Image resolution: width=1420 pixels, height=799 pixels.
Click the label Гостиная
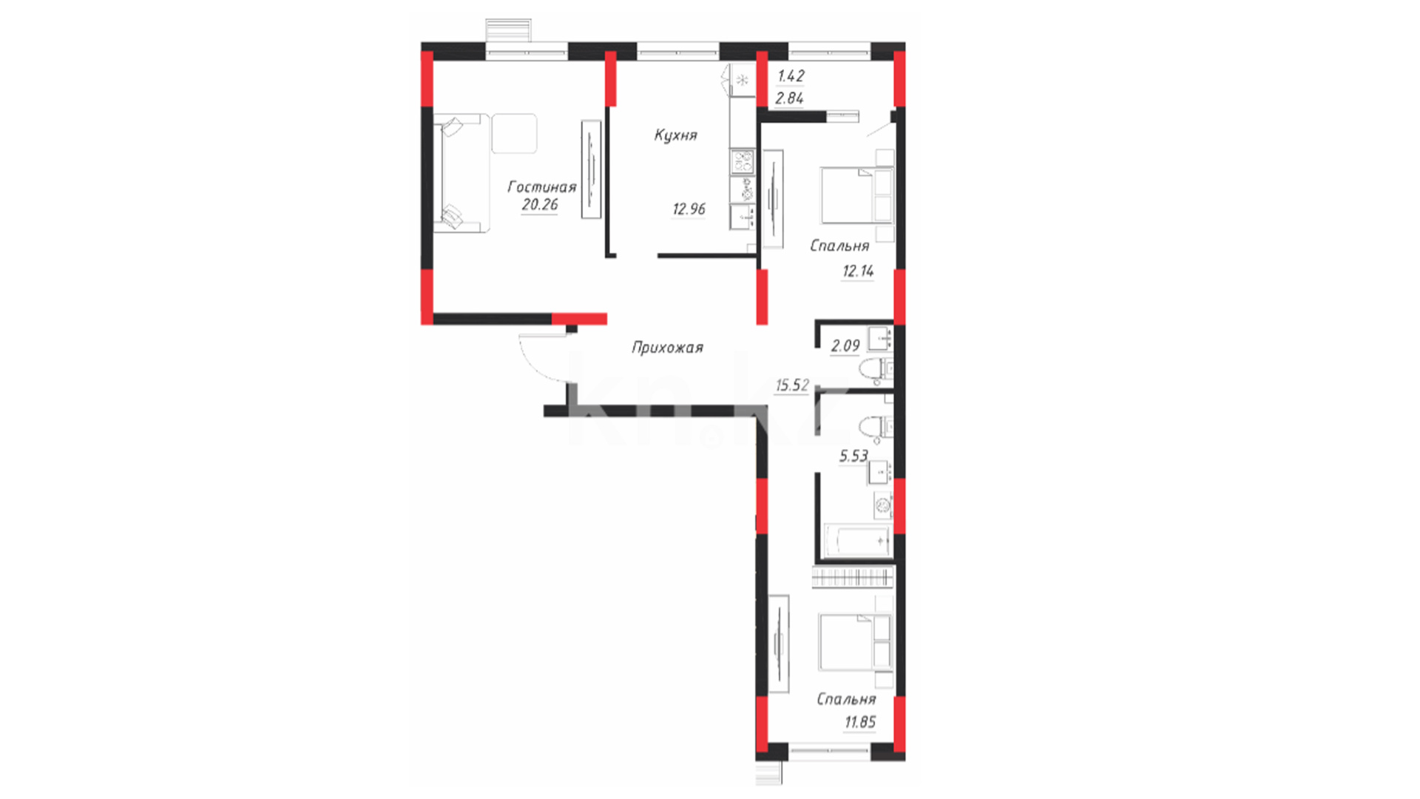[541, 186]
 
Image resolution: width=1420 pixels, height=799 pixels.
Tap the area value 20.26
[540, 205]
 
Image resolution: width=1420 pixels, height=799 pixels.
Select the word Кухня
[675, 135]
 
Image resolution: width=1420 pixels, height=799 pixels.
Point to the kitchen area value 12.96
[689, 209]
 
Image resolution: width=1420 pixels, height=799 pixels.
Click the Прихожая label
[667, 348]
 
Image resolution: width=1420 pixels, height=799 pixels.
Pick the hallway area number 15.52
[792, 385]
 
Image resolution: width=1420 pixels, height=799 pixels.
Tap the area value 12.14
[858, 272]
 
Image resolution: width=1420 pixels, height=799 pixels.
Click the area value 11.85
[860, 722]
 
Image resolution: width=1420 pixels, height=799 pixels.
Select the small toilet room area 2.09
[845, 346]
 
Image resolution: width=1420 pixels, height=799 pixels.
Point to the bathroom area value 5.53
[853, 456]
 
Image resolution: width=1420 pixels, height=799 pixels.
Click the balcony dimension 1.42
[791, 76]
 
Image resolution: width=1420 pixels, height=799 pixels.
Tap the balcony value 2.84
[790, 98]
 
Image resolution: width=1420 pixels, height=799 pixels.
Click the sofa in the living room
[461, 173]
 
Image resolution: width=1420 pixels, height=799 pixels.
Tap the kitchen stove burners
[742, 162]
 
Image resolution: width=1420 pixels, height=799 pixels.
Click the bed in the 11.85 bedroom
[856, 642]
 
